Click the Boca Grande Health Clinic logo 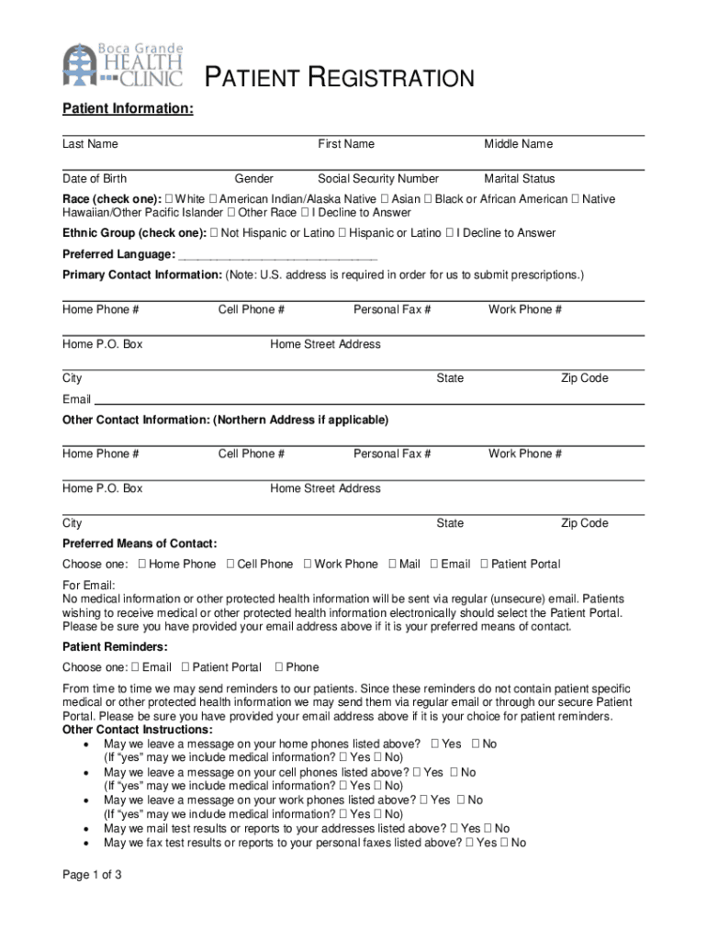coord(123,64)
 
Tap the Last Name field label coord(90,144)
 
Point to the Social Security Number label coord(378,179)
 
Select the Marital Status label coord(520,179)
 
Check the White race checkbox coord(169,199)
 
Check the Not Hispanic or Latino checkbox coord(214,233)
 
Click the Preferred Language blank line coord(278,255)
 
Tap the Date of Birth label coord(95,179)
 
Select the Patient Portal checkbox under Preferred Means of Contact coord(484,565)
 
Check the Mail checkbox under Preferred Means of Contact coord(392,565)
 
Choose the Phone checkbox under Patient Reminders coord(279,667)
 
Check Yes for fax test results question coord(469,843)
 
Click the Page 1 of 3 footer coord(92,875)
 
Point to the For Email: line coord(89,586)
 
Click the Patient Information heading coord(128,109)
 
